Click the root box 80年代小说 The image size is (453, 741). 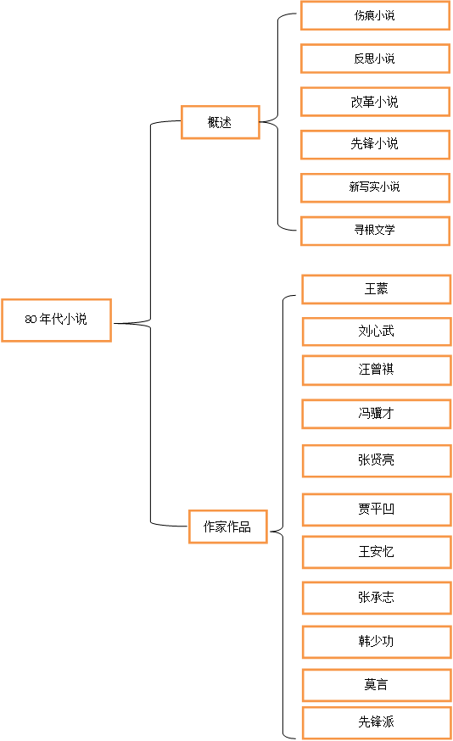click(56, 320)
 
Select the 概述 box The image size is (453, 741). click(221, 122)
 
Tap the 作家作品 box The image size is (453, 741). click(228, 526)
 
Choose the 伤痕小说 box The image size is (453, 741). click(376, 15)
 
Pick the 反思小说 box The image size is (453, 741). click(376, 58)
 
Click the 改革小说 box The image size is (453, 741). click(376, 102)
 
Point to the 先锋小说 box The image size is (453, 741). click(376, 145)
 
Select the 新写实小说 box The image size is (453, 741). click(376, 187)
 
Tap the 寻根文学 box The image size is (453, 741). click(376, 231)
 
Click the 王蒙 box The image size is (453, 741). click(377, 289)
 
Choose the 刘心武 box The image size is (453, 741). click(377, 331)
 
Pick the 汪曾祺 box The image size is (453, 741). click(377, 370)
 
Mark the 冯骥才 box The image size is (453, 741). click(377, 414)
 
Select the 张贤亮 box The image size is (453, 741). click(377, 460)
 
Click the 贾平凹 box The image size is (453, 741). click(377, 510)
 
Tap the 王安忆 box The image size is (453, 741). click(377, 552)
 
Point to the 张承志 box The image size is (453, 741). click(377, 598)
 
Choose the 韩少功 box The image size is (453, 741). click(377, 642)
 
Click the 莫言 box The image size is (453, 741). click(377, 685)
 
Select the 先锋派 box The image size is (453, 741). click(377, 722)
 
